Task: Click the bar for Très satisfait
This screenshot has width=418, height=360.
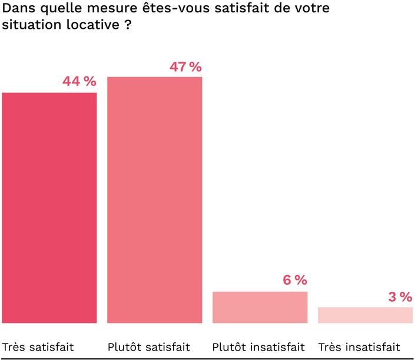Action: click(x=49, y=208)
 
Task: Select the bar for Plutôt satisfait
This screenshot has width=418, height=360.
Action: click(x=154, y=200)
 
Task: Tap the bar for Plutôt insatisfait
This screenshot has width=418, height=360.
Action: click(x=260, y=307)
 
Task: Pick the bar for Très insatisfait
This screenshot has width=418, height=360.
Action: click(x=365, y=315)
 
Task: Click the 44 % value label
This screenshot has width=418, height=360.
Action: click(x=79, y=82)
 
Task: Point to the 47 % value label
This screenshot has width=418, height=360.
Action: click(x=185, y=66)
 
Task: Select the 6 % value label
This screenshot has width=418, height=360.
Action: click(x=295, y=281)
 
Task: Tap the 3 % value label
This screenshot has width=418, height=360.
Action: click(x=400, y=296)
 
